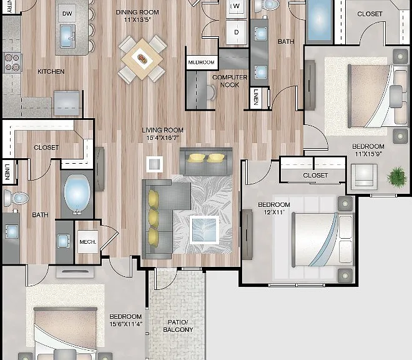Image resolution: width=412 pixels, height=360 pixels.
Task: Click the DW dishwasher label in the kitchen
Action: coord(67,13)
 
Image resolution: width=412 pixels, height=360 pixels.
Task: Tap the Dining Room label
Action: coord(137,12)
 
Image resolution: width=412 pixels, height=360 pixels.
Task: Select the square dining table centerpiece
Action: coord(142,59)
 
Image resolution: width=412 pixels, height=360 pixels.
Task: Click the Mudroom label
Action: coord(202,62)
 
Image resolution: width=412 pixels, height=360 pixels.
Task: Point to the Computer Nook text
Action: coord(230,81)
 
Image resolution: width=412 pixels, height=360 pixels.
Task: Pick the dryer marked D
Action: coord(237,32)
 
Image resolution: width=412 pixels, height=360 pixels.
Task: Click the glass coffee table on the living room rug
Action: coord(205,230)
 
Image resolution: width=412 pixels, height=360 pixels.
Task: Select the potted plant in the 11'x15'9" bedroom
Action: coord(397,177)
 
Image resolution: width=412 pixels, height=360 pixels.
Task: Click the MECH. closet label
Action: coord(88,242)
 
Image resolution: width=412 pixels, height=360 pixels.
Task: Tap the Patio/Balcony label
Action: coord(178,326)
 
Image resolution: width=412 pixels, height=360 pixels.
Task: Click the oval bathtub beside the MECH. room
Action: coord(77,193)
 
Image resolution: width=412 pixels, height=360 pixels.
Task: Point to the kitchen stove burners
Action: coord(12,62)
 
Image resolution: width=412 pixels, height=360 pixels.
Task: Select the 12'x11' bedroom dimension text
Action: coord(274,212)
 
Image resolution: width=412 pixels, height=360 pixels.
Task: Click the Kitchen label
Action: coord(51,71)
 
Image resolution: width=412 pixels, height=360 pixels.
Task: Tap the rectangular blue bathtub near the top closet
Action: coord(319,20)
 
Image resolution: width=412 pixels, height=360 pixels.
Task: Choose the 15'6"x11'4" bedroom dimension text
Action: coord(125,324)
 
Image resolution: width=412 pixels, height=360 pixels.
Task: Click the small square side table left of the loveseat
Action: coord(155,164)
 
